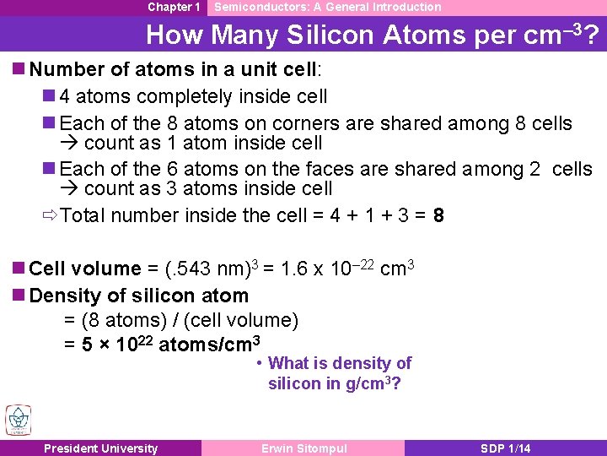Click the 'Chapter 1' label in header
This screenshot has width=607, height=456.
174,7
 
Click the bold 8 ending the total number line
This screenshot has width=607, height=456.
438,216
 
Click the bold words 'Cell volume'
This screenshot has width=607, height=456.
85,269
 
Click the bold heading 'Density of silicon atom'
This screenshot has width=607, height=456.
138,296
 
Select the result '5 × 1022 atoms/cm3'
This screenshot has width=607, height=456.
162,345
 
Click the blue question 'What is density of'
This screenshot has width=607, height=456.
339,364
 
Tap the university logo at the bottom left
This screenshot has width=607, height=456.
18,420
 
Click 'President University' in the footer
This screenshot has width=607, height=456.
100,448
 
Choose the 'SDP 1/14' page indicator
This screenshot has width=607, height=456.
505,448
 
